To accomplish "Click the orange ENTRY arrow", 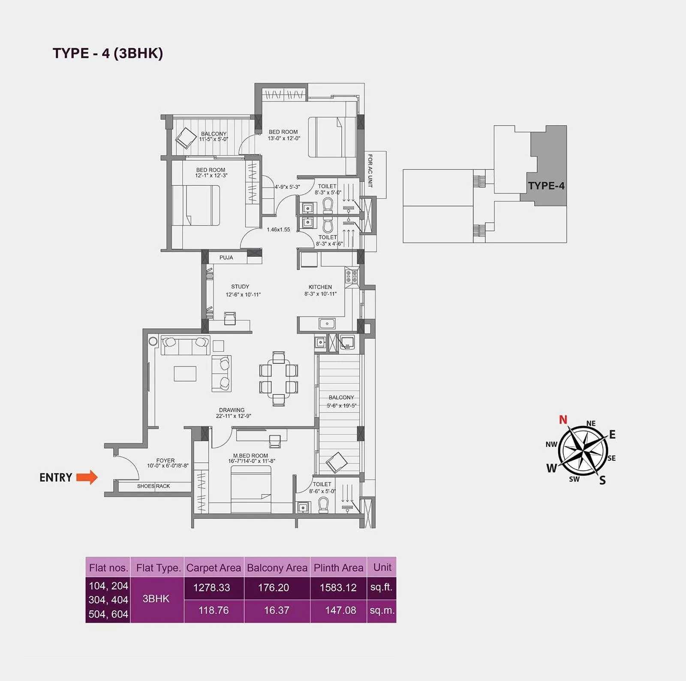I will click(87, 477).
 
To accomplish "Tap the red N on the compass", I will click(563, 419).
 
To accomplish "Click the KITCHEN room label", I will click(320, 287).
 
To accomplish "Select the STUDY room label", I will click(240, 286).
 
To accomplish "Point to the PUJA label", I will click(226, 258).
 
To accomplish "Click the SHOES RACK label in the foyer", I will click(153, 486).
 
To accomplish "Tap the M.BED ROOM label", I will click(250, 455).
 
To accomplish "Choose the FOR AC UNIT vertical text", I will click(370, 171).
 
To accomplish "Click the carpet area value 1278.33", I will click(211, 588).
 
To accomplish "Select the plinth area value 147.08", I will click(340, 610).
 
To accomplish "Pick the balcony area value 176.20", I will click(273, 588).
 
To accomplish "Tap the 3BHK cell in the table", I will click(156, 599).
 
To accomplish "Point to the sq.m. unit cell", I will click(382, 610).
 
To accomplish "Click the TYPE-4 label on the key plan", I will click(546, 186).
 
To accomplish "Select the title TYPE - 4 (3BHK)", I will click(108, 53).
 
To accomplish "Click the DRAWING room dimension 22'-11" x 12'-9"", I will click(233, 416).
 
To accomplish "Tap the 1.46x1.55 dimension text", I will click(278, 229).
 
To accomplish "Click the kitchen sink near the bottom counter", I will click(327, 323).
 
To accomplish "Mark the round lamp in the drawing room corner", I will click(153, 341).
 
